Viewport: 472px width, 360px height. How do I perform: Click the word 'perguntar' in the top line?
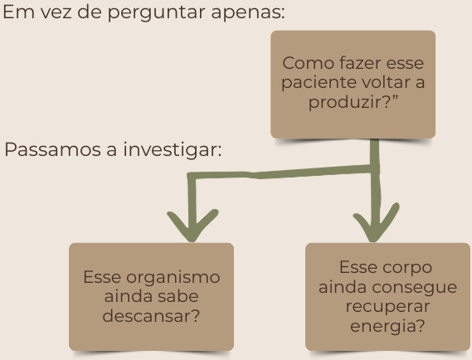point(156,13)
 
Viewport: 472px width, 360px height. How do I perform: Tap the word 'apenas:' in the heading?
point(248,13)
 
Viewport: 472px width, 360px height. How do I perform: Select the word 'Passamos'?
point(53,149)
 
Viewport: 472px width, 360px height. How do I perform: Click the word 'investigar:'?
point(173,149)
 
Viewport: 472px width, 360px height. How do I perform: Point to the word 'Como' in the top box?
point(309,63)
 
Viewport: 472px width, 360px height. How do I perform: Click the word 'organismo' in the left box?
point(173,278)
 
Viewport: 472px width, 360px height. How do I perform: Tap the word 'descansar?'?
point(151,316)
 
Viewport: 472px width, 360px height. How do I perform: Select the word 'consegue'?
point(415,288)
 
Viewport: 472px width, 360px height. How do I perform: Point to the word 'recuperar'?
point(387,307)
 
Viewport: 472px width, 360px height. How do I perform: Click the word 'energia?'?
point(387,327)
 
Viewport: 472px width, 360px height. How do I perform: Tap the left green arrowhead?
point(192,226)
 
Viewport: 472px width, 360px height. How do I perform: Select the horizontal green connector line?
point(280,173)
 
